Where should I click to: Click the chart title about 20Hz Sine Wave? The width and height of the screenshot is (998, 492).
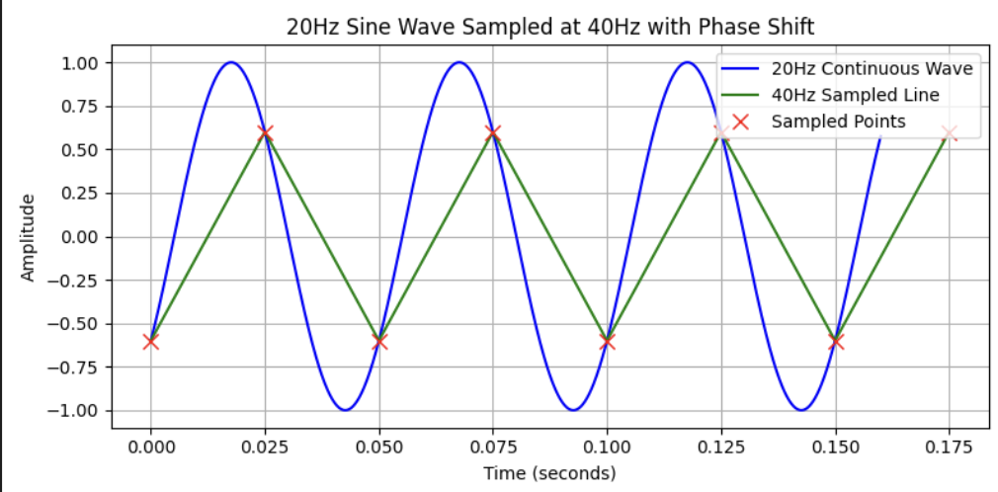pos(549,27)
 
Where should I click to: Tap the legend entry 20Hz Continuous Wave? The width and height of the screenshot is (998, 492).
pos(872,69)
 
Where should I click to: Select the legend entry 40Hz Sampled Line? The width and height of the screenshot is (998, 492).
pos(855,96)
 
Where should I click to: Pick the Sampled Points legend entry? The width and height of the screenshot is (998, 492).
pos(838,122)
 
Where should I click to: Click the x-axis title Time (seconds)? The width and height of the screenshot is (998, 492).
pos(549,473)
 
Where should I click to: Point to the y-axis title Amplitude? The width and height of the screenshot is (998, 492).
pos(29,237)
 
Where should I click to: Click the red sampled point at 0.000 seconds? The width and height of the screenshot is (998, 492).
pos(150,342)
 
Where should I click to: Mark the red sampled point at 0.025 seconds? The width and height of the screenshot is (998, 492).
pos(265,133)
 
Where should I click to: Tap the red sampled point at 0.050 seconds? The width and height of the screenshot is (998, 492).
pos(379,342)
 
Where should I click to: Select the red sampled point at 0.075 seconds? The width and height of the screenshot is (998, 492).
pos(493,133)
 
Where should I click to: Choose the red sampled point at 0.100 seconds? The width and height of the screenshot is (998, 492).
pos(607,342)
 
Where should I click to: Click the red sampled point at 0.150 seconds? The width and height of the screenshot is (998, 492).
pos(836,342)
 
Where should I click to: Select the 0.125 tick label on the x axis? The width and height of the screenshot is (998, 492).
pos(721,448)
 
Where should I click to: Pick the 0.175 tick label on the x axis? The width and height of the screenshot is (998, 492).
pos(950,448)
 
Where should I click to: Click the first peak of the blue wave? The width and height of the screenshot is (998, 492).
pos(230,62)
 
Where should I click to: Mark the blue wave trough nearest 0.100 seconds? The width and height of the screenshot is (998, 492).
pos(573,410)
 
